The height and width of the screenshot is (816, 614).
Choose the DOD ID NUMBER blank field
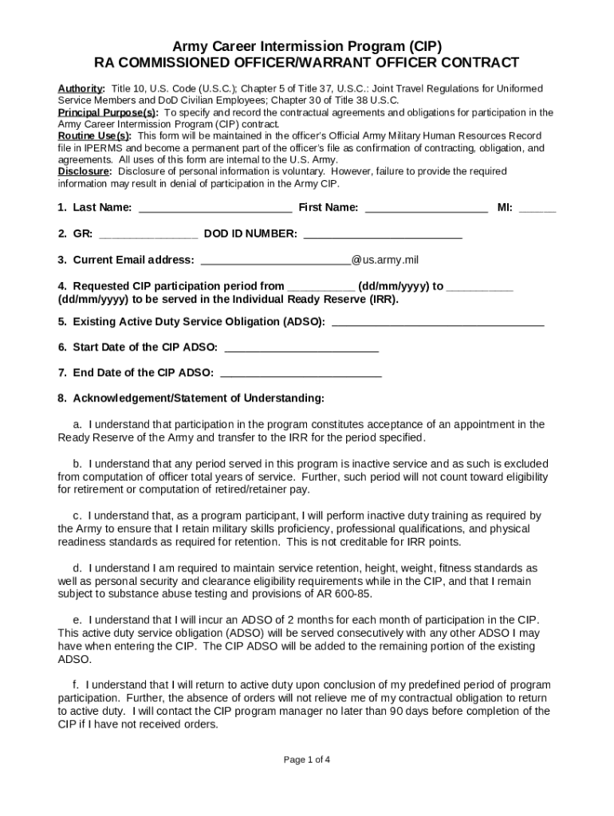point(383,234)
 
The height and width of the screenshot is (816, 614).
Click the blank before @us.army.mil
point(275,261)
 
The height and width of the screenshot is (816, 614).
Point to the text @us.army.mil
point(385,260)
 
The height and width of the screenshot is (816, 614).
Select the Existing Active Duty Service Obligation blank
point(437,322)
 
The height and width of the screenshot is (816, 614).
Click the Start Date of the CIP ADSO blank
point(301,347)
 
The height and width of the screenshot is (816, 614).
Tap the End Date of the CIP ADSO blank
point(300,373)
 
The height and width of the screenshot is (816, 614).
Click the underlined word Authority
point(81,88)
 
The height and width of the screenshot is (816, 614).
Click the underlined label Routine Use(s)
point(94,136)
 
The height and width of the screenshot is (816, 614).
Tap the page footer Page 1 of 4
point(307,759)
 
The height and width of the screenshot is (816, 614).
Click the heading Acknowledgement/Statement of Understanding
point(198,398)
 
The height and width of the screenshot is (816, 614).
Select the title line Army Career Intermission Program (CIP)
point(307,46)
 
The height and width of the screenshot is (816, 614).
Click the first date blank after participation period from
point(321,286)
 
